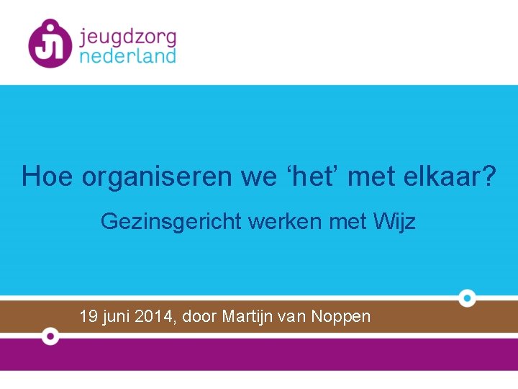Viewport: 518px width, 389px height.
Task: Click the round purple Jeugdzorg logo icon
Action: point(50,43)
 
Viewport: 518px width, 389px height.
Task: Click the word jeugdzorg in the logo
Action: point(127,36)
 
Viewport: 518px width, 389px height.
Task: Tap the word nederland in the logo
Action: point(127,55)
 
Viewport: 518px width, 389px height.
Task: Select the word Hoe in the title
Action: point(47,176)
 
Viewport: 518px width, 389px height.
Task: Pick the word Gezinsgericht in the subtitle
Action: point(171,222)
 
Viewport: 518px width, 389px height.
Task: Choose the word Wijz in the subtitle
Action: point(395,222)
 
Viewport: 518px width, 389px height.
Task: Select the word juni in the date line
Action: point(116,317)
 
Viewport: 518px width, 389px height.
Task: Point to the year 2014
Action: point(153,316)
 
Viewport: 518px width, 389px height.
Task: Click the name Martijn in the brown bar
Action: point(247,317)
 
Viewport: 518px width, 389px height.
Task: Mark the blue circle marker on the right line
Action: point(467,298)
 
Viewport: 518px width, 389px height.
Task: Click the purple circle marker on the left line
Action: point(50,336)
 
